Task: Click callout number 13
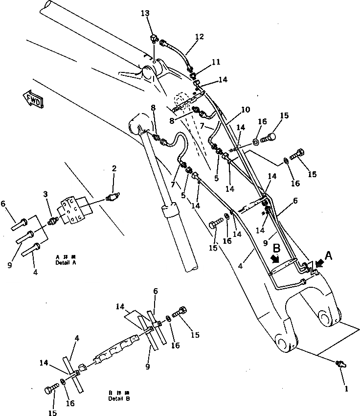[x=145, y=14]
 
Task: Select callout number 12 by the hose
[x=199, y=36]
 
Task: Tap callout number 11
[x=216, y=62]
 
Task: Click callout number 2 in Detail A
[x=113, y=169]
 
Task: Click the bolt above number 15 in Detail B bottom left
[x=49, y=390]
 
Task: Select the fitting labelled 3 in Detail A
[x=53, y=221]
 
